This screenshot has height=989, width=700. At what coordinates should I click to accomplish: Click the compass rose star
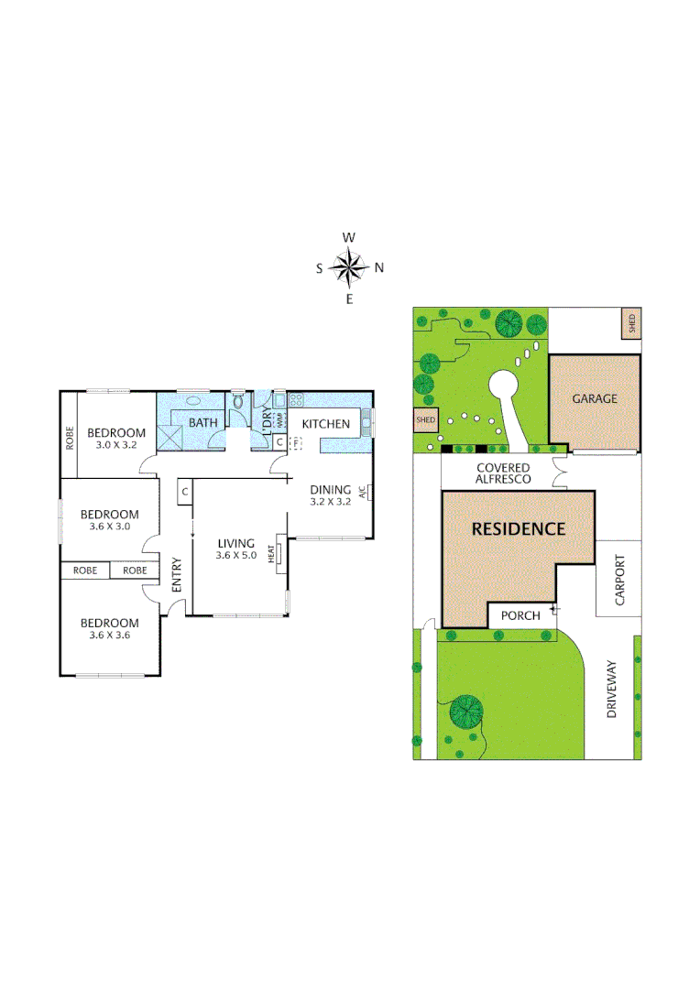pos(349,267)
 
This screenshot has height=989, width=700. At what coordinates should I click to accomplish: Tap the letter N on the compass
pos(379,268)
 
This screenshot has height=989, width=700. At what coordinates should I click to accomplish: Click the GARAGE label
pos(595,398)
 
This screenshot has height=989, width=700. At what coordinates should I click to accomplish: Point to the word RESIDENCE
pos(519,529)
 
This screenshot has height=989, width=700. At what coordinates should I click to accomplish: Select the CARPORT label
pos(619,579)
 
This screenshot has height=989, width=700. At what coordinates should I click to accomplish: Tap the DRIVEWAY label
pos(612,689)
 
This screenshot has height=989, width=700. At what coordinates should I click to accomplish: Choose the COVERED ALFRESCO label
pos(502,473)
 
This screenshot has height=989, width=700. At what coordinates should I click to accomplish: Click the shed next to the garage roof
pos(630,322)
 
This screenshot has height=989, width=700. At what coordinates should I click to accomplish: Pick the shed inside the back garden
pos(426,420)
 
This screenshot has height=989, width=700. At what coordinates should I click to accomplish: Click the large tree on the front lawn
pos(466,710)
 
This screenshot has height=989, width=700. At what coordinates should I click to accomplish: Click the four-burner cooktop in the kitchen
pos(297,400)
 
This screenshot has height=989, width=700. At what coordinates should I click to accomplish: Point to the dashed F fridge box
pos(296,442)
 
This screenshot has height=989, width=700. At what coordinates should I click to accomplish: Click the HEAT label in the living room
pos(272,554)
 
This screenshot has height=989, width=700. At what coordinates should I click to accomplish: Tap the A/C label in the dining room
pos(363,492)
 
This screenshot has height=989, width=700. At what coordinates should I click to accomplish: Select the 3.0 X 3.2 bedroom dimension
pos(115,445)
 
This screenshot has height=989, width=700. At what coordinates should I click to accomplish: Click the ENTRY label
pos(177,573)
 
